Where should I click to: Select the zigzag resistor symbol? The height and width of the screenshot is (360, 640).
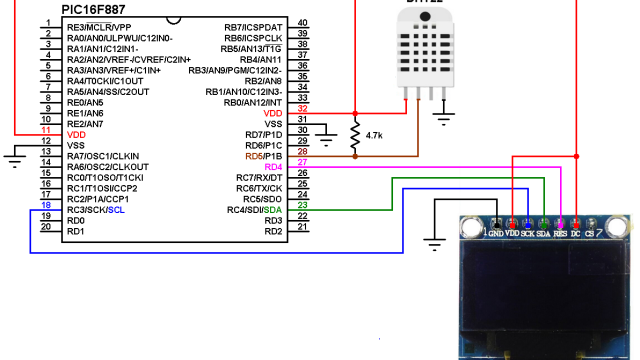click(x=355, y=132)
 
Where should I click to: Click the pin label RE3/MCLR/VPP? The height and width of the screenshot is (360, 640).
click(x=99, y=27)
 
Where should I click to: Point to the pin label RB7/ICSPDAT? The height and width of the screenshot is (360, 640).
click(x=254, y=27)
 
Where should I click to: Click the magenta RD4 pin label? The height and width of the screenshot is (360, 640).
click(x=271, y=166)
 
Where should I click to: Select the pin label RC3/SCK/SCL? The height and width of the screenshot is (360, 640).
click(x=95, y=210)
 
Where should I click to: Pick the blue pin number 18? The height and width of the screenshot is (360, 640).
click(x=45, y=204)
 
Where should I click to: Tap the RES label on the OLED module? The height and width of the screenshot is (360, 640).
click(x=560, y=233)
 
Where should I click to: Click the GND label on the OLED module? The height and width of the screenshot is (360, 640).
click(x=496, y=233)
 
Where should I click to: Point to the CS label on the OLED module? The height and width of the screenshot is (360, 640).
click(x=590, y=233)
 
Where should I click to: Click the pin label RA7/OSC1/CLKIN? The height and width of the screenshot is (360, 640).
click(x=103, y=156)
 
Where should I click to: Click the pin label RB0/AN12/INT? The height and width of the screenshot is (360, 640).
click(x=254, y=102)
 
